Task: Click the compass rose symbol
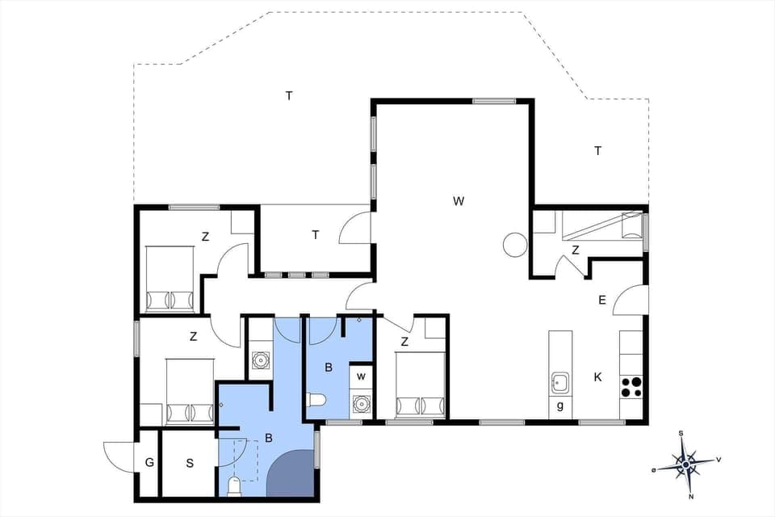point(686,464)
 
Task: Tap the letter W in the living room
point(459,200)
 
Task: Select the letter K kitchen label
point(597,376)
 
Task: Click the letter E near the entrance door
point(601,301)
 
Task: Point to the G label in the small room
point(149,463)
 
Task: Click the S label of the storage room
point(190,463)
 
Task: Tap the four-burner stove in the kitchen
point(631,387)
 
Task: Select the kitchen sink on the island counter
point(560,381)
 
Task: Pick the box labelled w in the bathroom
point(362,376)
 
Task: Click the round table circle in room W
point(514,244)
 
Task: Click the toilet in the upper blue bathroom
point(316,399)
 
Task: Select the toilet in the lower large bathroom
point(234,486)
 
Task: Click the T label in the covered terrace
point(316,234)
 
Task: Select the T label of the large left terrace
point(288,95)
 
